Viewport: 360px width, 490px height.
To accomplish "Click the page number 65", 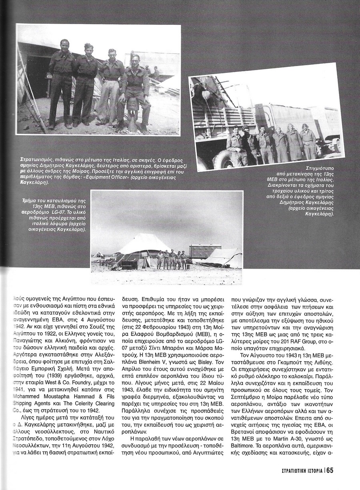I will [x=329, y=471].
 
